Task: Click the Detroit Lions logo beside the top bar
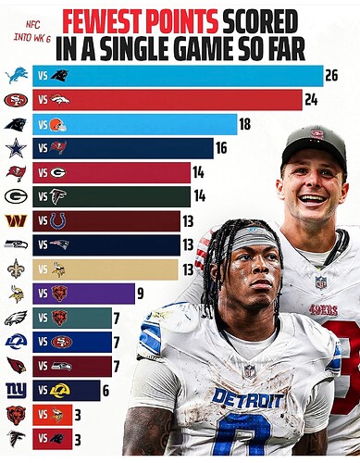coord(17,76)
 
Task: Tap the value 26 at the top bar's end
coord(331,76)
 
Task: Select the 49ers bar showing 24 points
coord(168,100)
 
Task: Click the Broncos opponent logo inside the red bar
coord(60,100)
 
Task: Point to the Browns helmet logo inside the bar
coord(58,125)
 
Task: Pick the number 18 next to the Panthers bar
coord(244,124)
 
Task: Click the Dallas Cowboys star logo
coord(17,148)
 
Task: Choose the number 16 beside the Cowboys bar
coord(221,148)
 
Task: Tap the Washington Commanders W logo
coord(16,220)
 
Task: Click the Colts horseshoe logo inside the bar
coord(57,221)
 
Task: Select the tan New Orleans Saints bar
coord(106,269)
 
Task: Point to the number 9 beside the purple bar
coord(140,294)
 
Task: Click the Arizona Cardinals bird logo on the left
coord(17,366)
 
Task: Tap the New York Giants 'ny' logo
coord(17,390)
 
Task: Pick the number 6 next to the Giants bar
coord(106,391)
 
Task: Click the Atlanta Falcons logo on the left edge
coord(16,439)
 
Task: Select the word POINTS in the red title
coord(182,22)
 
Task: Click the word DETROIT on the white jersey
coord(248,398)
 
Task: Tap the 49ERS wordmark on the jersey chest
coord(324,309)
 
